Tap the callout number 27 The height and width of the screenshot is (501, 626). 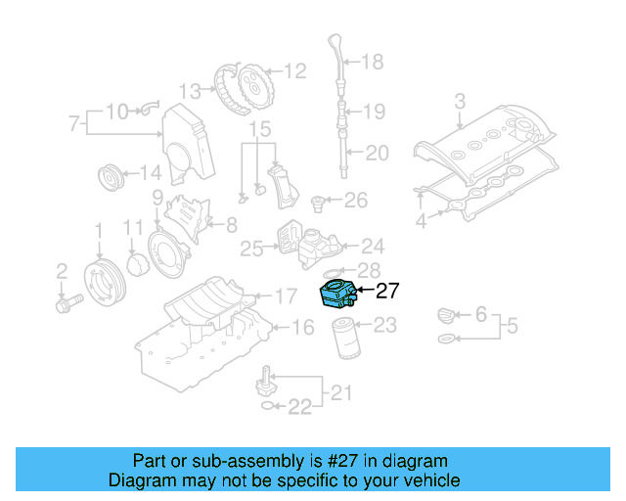[388, 290]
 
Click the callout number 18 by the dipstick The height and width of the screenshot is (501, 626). [373, 63]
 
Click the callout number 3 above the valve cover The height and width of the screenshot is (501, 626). [460, 100]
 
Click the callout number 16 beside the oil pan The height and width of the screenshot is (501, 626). [303, 328]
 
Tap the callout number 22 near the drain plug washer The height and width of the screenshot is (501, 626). [300, 405]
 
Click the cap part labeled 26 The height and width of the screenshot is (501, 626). [318, 203]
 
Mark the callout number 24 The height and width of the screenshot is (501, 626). [373, 246]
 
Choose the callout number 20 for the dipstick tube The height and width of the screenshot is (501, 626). [377, 152]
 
